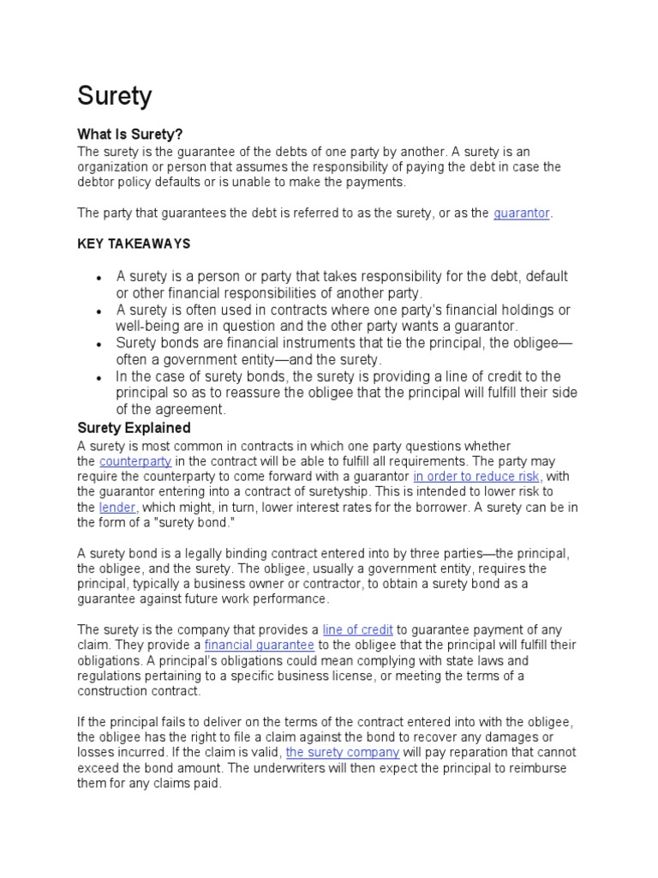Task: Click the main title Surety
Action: (115, 96)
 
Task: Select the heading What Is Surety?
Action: (130, 135)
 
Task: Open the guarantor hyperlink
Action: (522, 213)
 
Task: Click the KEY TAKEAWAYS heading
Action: (134, 244)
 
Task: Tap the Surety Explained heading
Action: (134, 428)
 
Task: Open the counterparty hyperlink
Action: (135, 461)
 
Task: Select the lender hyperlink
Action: (117, 508)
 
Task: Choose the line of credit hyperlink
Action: (357, 630)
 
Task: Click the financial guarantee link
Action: (260, 646)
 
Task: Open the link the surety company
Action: (343, 753)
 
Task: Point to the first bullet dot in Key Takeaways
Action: (99, 279)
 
